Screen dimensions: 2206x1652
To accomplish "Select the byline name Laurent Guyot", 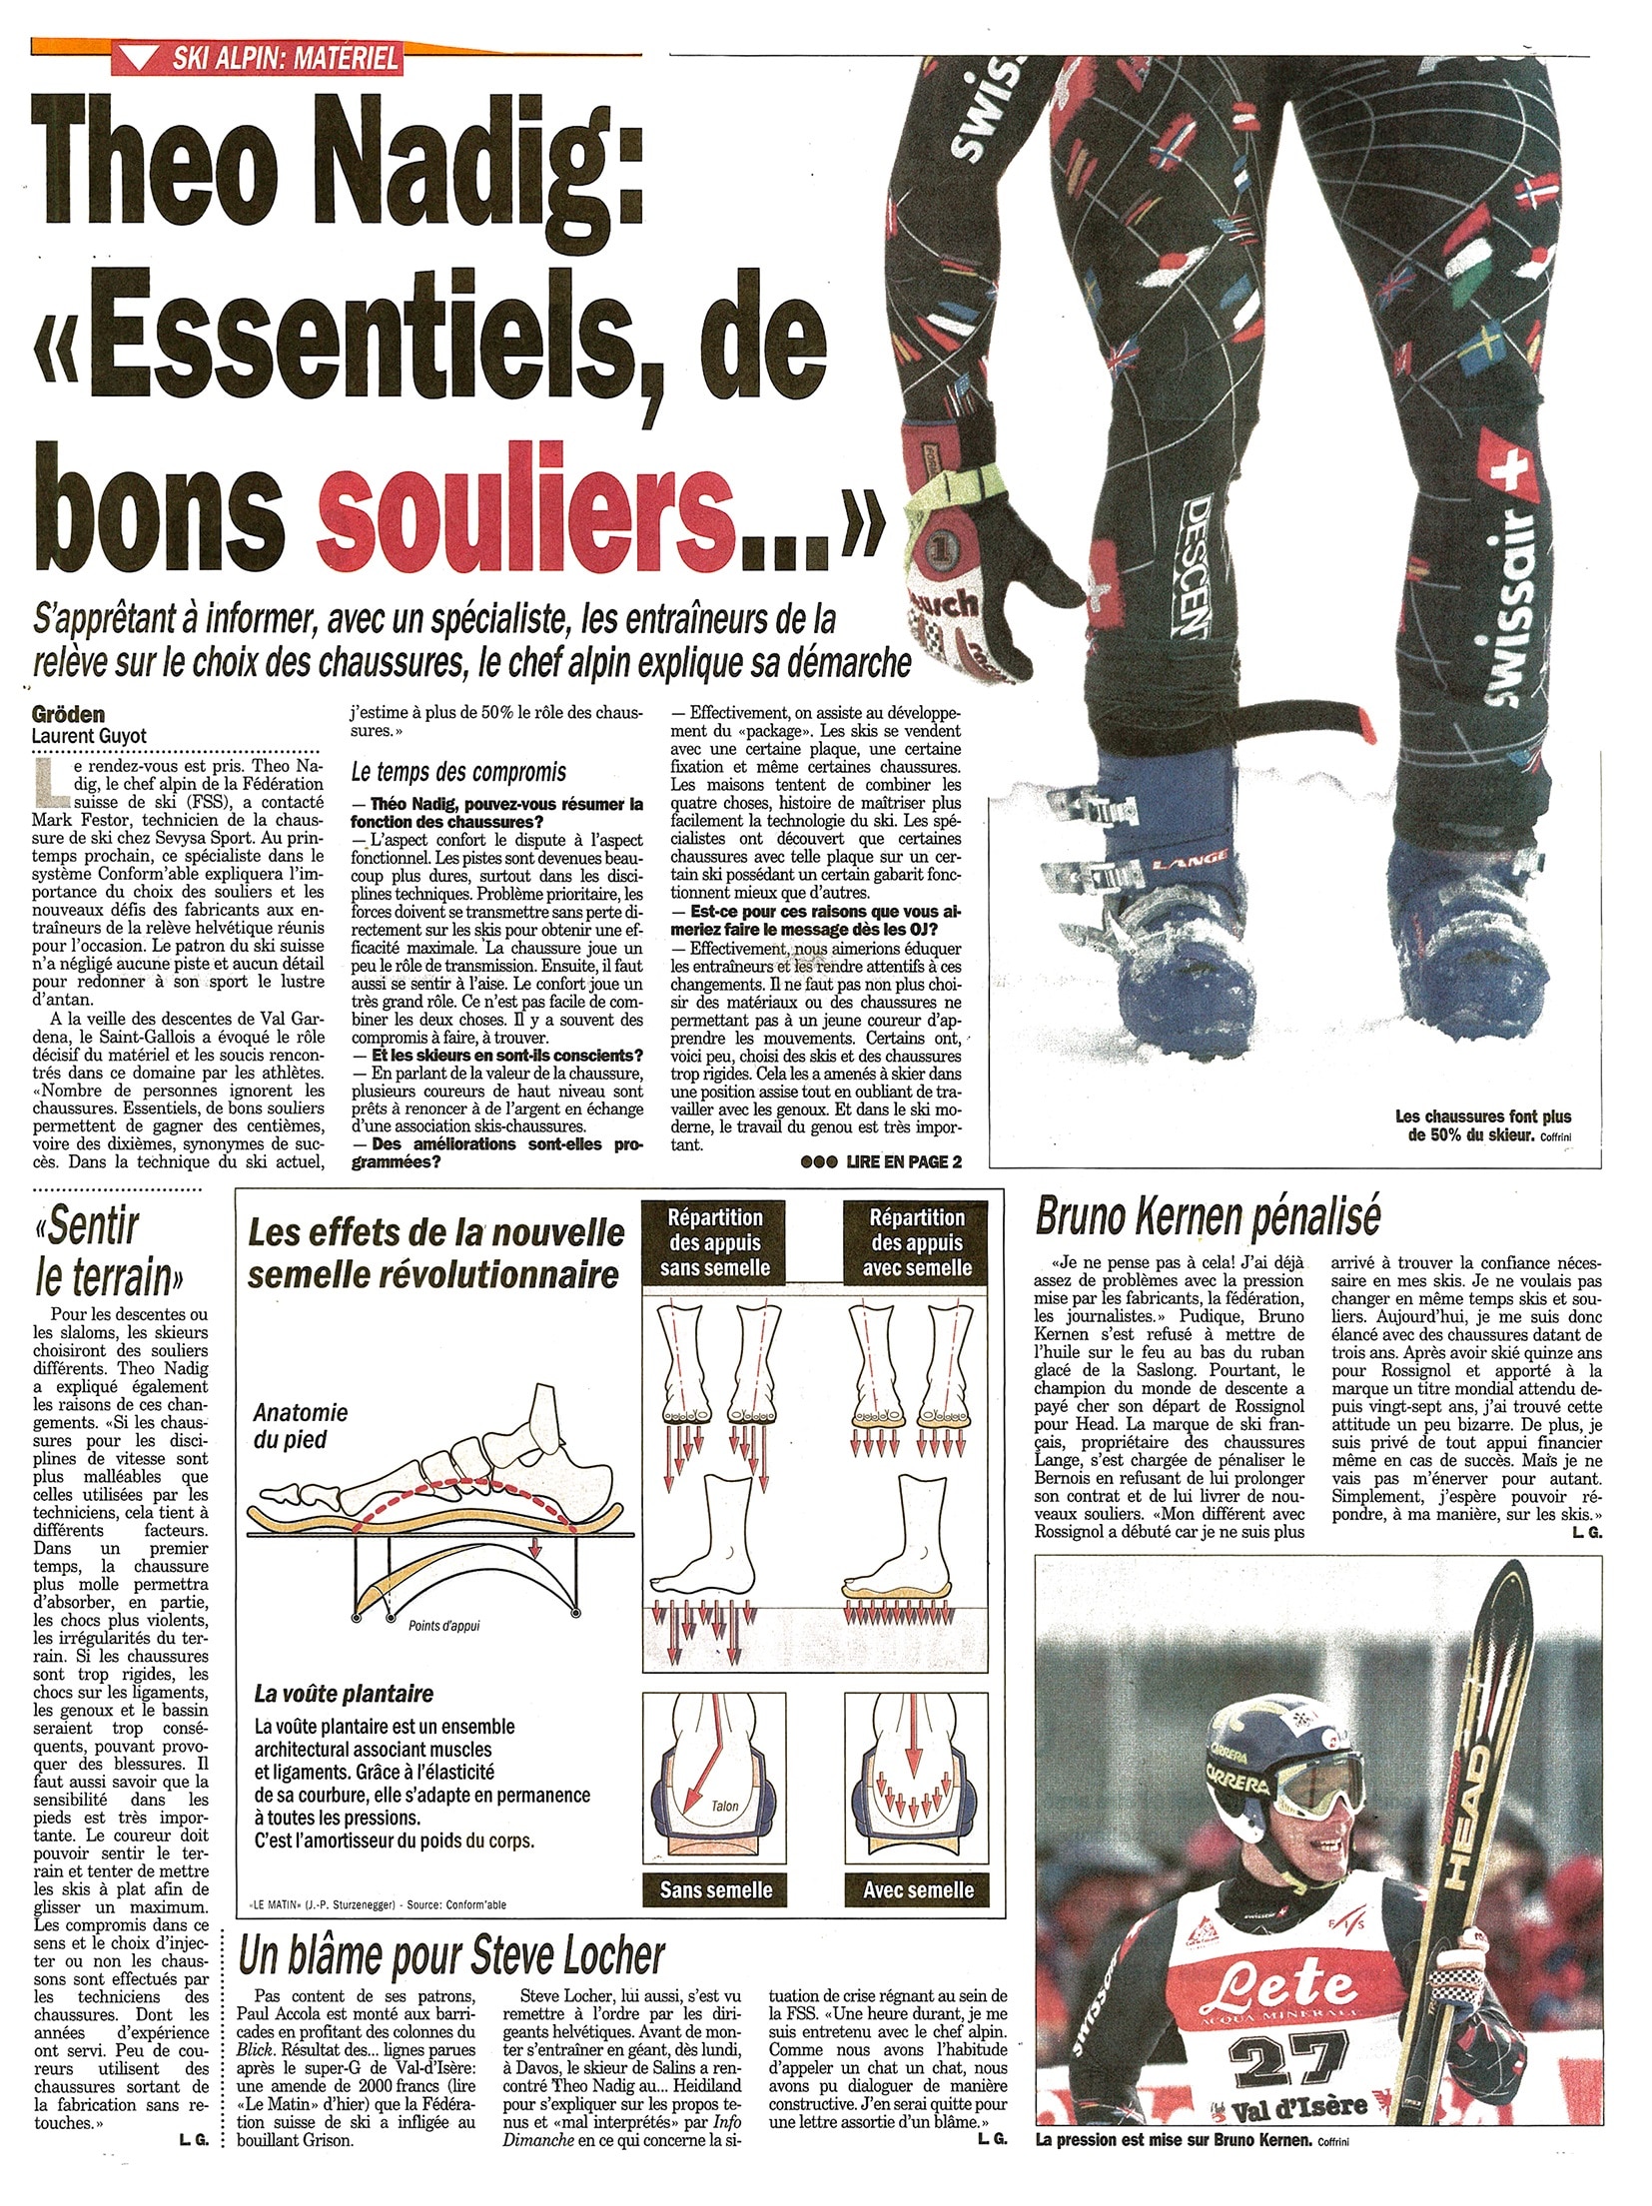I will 90,736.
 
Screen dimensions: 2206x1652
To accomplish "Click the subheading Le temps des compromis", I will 458,772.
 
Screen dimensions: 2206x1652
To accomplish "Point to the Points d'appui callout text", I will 443,1625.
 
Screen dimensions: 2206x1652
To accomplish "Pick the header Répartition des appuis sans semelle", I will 716,1242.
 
